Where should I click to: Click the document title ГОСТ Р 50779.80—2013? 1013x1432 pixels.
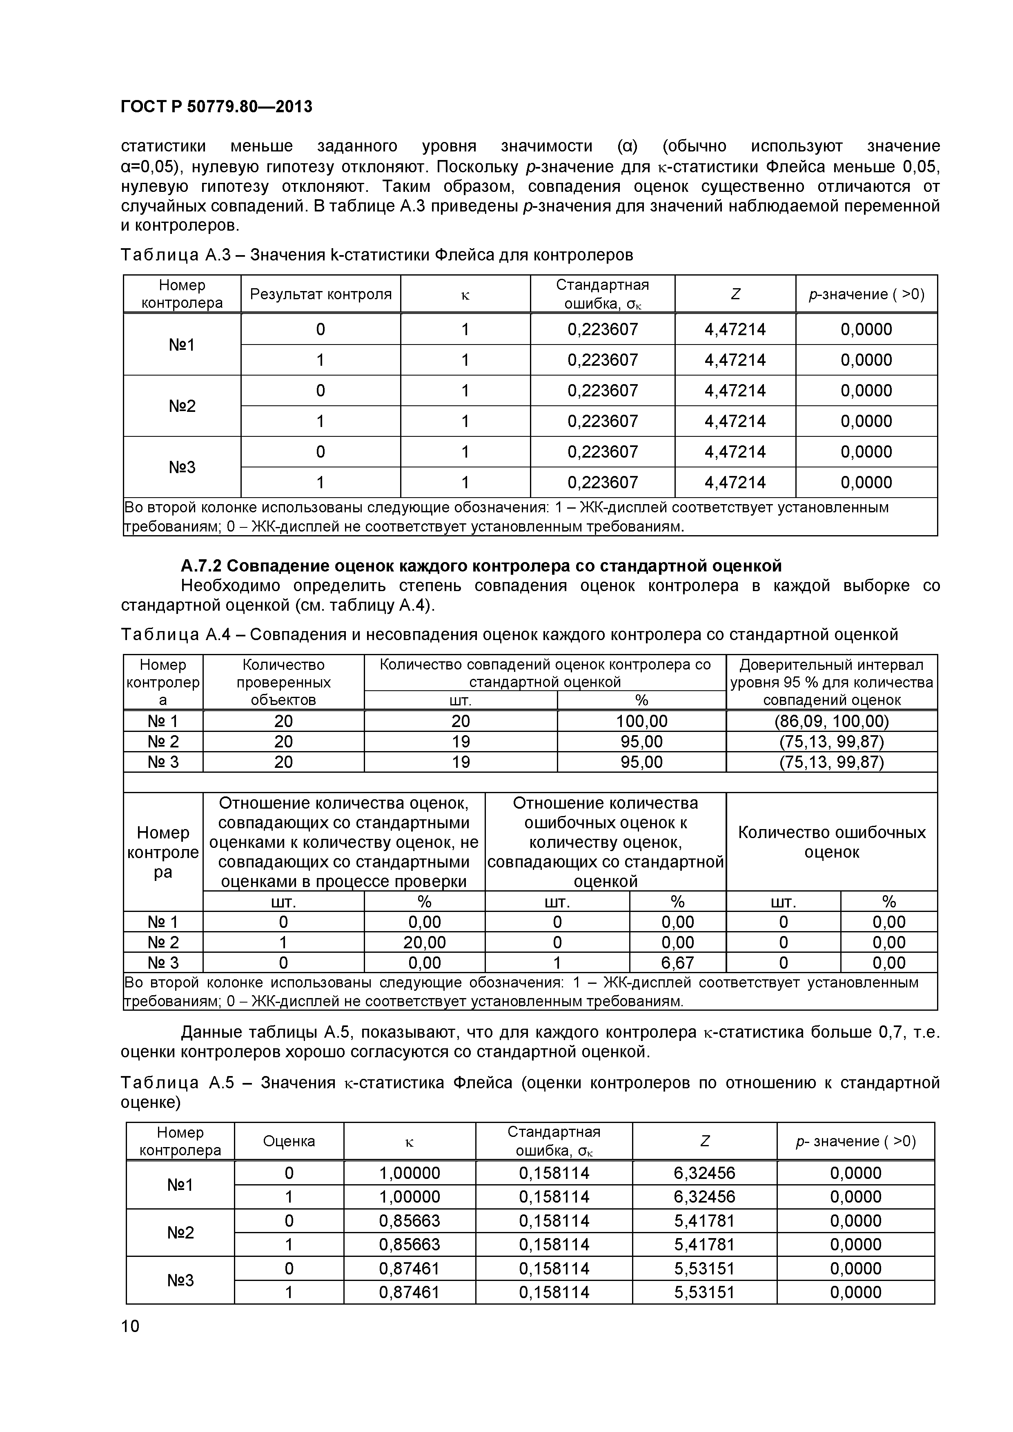point(216,107)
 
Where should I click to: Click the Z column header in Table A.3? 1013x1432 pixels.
point(735,294)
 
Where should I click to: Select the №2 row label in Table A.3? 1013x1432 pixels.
point(182,406)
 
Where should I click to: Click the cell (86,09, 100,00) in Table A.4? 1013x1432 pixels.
point(831,721)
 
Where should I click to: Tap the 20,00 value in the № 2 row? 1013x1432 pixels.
point(424,942)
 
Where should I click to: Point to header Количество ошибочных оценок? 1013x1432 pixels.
point(831,842)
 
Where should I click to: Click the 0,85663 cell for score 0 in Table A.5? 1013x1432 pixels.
point(409,1221)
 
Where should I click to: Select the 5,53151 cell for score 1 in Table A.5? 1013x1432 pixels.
point(704,1292)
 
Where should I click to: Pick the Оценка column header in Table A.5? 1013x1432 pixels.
point(289,1141)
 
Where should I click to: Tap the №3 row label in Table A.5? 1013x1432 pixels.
point(180,1280)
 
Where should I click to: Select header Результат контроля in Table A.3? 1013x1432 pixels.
point(321,294)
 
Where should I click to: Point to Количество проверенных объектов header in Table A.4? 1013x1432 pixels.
point(283,682)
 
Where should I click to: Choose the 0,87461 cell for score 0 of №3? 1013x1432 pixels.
point(409,1268)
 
